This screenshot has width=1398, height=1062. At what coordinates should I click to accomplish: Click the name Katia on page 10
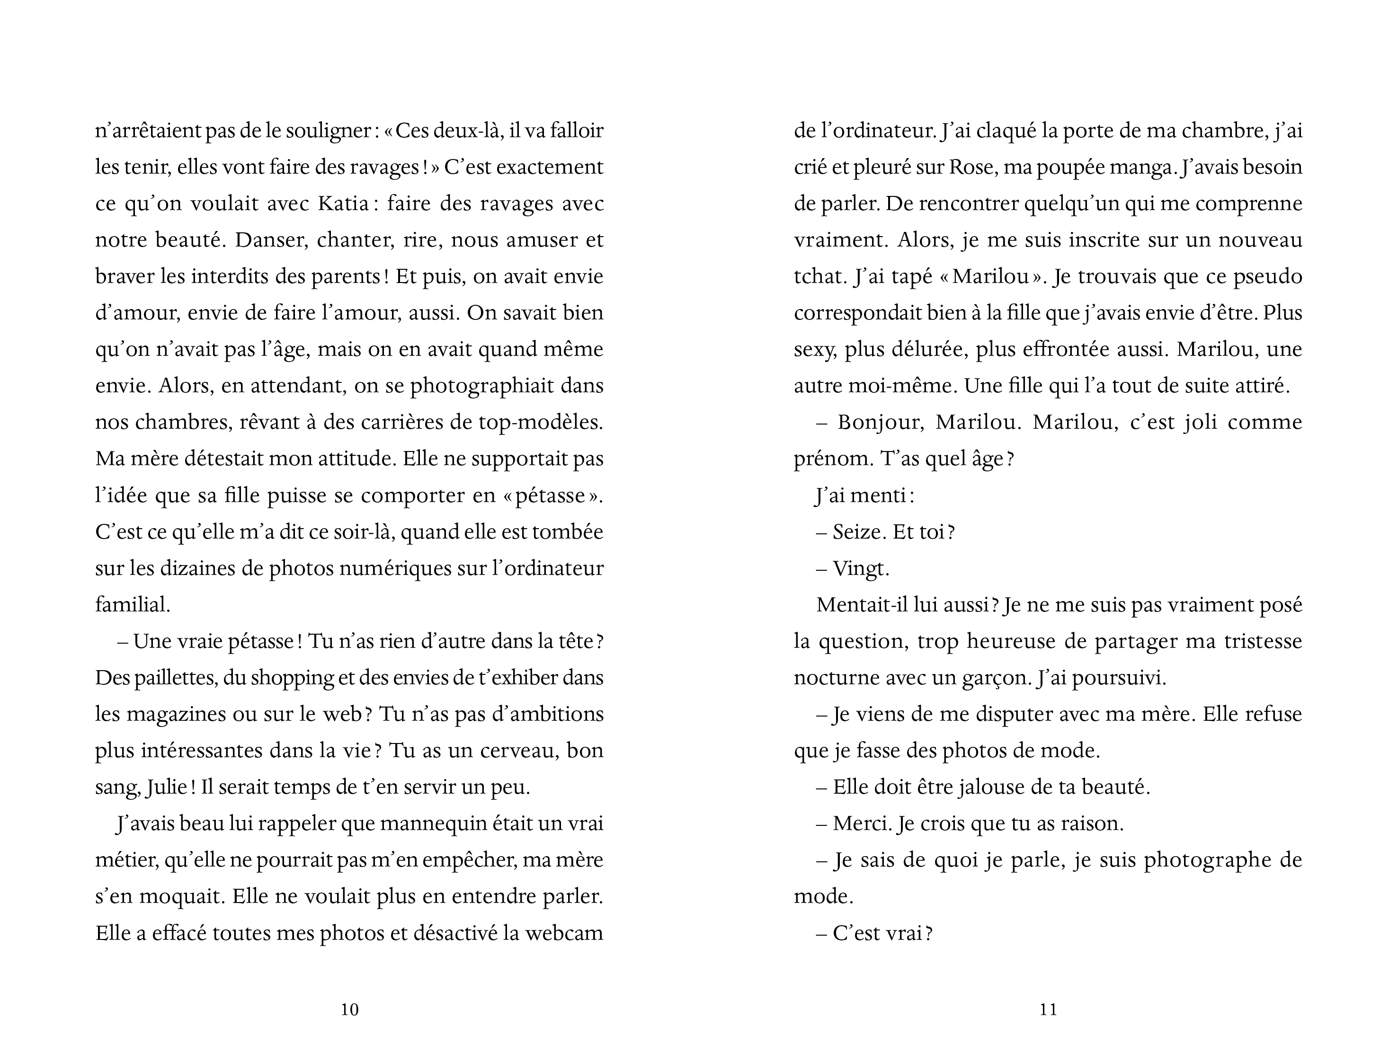(343, 204)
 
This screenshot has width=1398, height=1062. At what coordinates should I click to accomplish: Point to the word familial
(133, 605)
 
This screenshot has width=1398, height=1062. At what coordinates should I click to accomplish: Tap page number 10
(350, 1010)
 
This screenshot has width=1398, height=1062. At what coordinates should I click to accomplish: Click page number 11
(1048, 1010)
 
